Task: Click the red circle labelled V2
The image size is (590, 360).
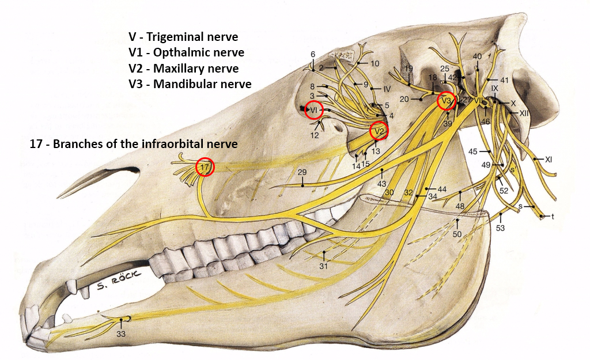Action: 379,131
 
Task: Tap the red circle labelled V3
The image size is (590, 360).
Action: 447,101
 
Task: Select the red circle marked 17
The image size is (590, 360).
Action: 205,167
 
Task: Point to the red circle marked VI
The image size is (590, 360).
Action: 313,109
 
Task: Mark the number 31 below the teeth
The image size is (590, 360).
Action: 323,266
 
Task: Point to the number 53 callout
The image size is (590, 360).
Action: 500,229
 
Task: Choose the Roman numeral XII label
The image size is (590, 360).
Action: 524,113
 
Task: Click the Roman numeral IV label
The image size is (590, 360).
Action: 387,89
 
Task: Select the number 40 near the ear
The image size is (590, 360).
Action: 477,56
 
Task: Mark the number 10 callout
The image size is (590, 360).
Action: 375,63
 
